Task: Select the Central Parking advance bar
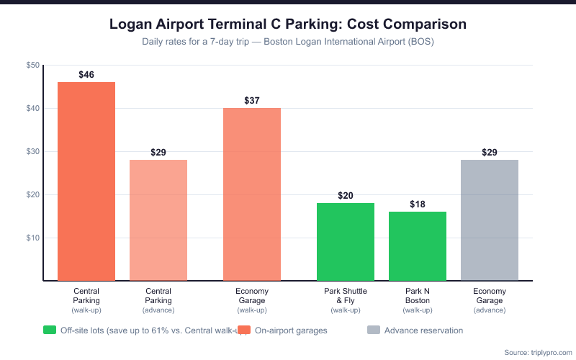tap(158, 220)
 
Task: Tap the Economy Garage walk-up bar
tap(252, 194)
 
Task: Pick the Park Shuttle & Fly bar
tap(346, 242)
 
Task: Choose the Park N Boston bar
tap(418, 246)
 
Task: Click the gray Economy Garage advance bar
tap(490, 220)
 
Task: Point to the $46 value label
tap(86, 75)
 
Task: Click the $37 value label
tap(252, 101)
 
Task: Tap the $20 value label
tap(346, 196)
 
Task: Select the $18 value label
tap(418, 204)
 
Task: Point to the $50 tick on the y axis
tap(33, 66)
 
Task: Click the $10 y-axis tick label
tap(33, 238)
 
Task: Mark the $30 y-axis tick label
tap(33, 152)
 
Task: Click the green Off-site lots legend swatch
tap(50, 330)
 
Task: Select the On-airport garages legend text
tap(292, 330)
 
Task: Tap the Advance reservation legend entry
tap(423, 330)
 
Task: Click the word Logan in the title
tap(132, 24)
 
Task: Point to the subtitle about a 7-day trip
tap(288, 42)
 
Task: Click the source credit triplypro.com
tap(536, 352)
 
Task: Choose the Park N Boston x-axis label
tap(418, 295)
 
